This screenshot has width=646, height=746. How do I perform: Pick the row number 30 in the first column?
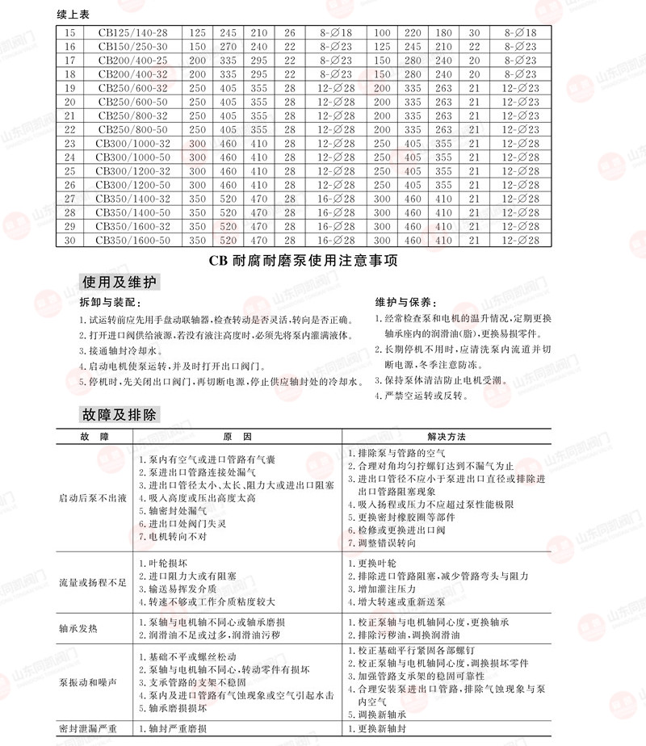(x=69, y=240)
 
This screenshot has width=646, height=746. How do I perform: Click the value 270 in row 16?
(x=228, y=47)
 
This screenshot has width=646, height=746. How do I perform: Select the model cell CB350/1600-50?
(x=133, y=240)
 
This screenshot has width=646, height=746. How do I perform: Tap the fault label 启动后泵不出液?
(x=94, y=499)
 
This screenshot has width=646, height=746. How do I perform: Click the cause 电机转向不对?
(x=173, y=537)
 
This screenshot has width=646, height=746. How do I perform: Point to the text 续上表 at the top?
(x=74, y=15)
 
